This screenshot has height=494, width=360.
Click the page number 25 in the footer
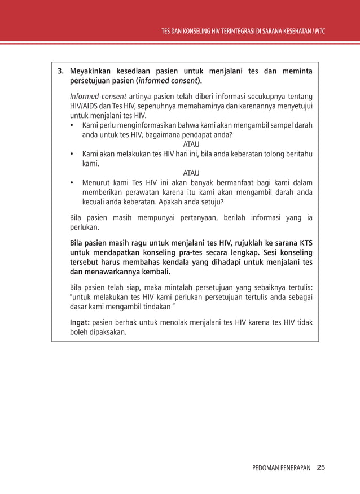click(321, 467)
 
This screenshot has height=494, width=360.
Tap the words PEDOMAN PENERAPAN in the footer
click(281, 467)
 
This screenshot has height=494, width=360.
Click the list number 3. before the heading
click(60, 72)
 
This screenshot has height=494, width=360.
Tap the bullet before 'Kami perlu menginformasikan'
click(72, 125)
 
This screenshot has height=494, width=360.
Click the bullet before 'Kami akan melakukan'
click(72, 154)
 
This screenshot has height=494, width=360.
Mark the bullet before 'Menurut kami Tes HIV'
click(72, 183)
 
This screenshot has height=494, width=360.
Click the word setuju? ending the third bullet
click(211, 202)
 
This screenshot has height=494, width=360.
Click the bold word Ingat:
click(80, 322)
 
